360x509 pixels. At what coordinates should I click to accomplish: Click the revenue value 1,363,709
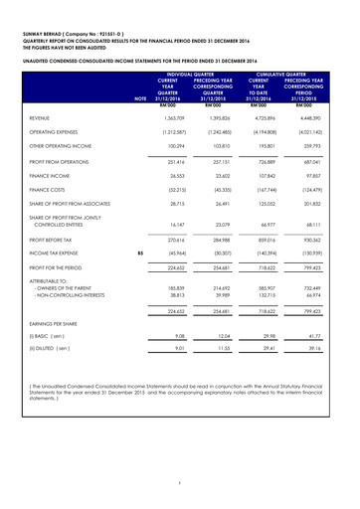tap(187, 145)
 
